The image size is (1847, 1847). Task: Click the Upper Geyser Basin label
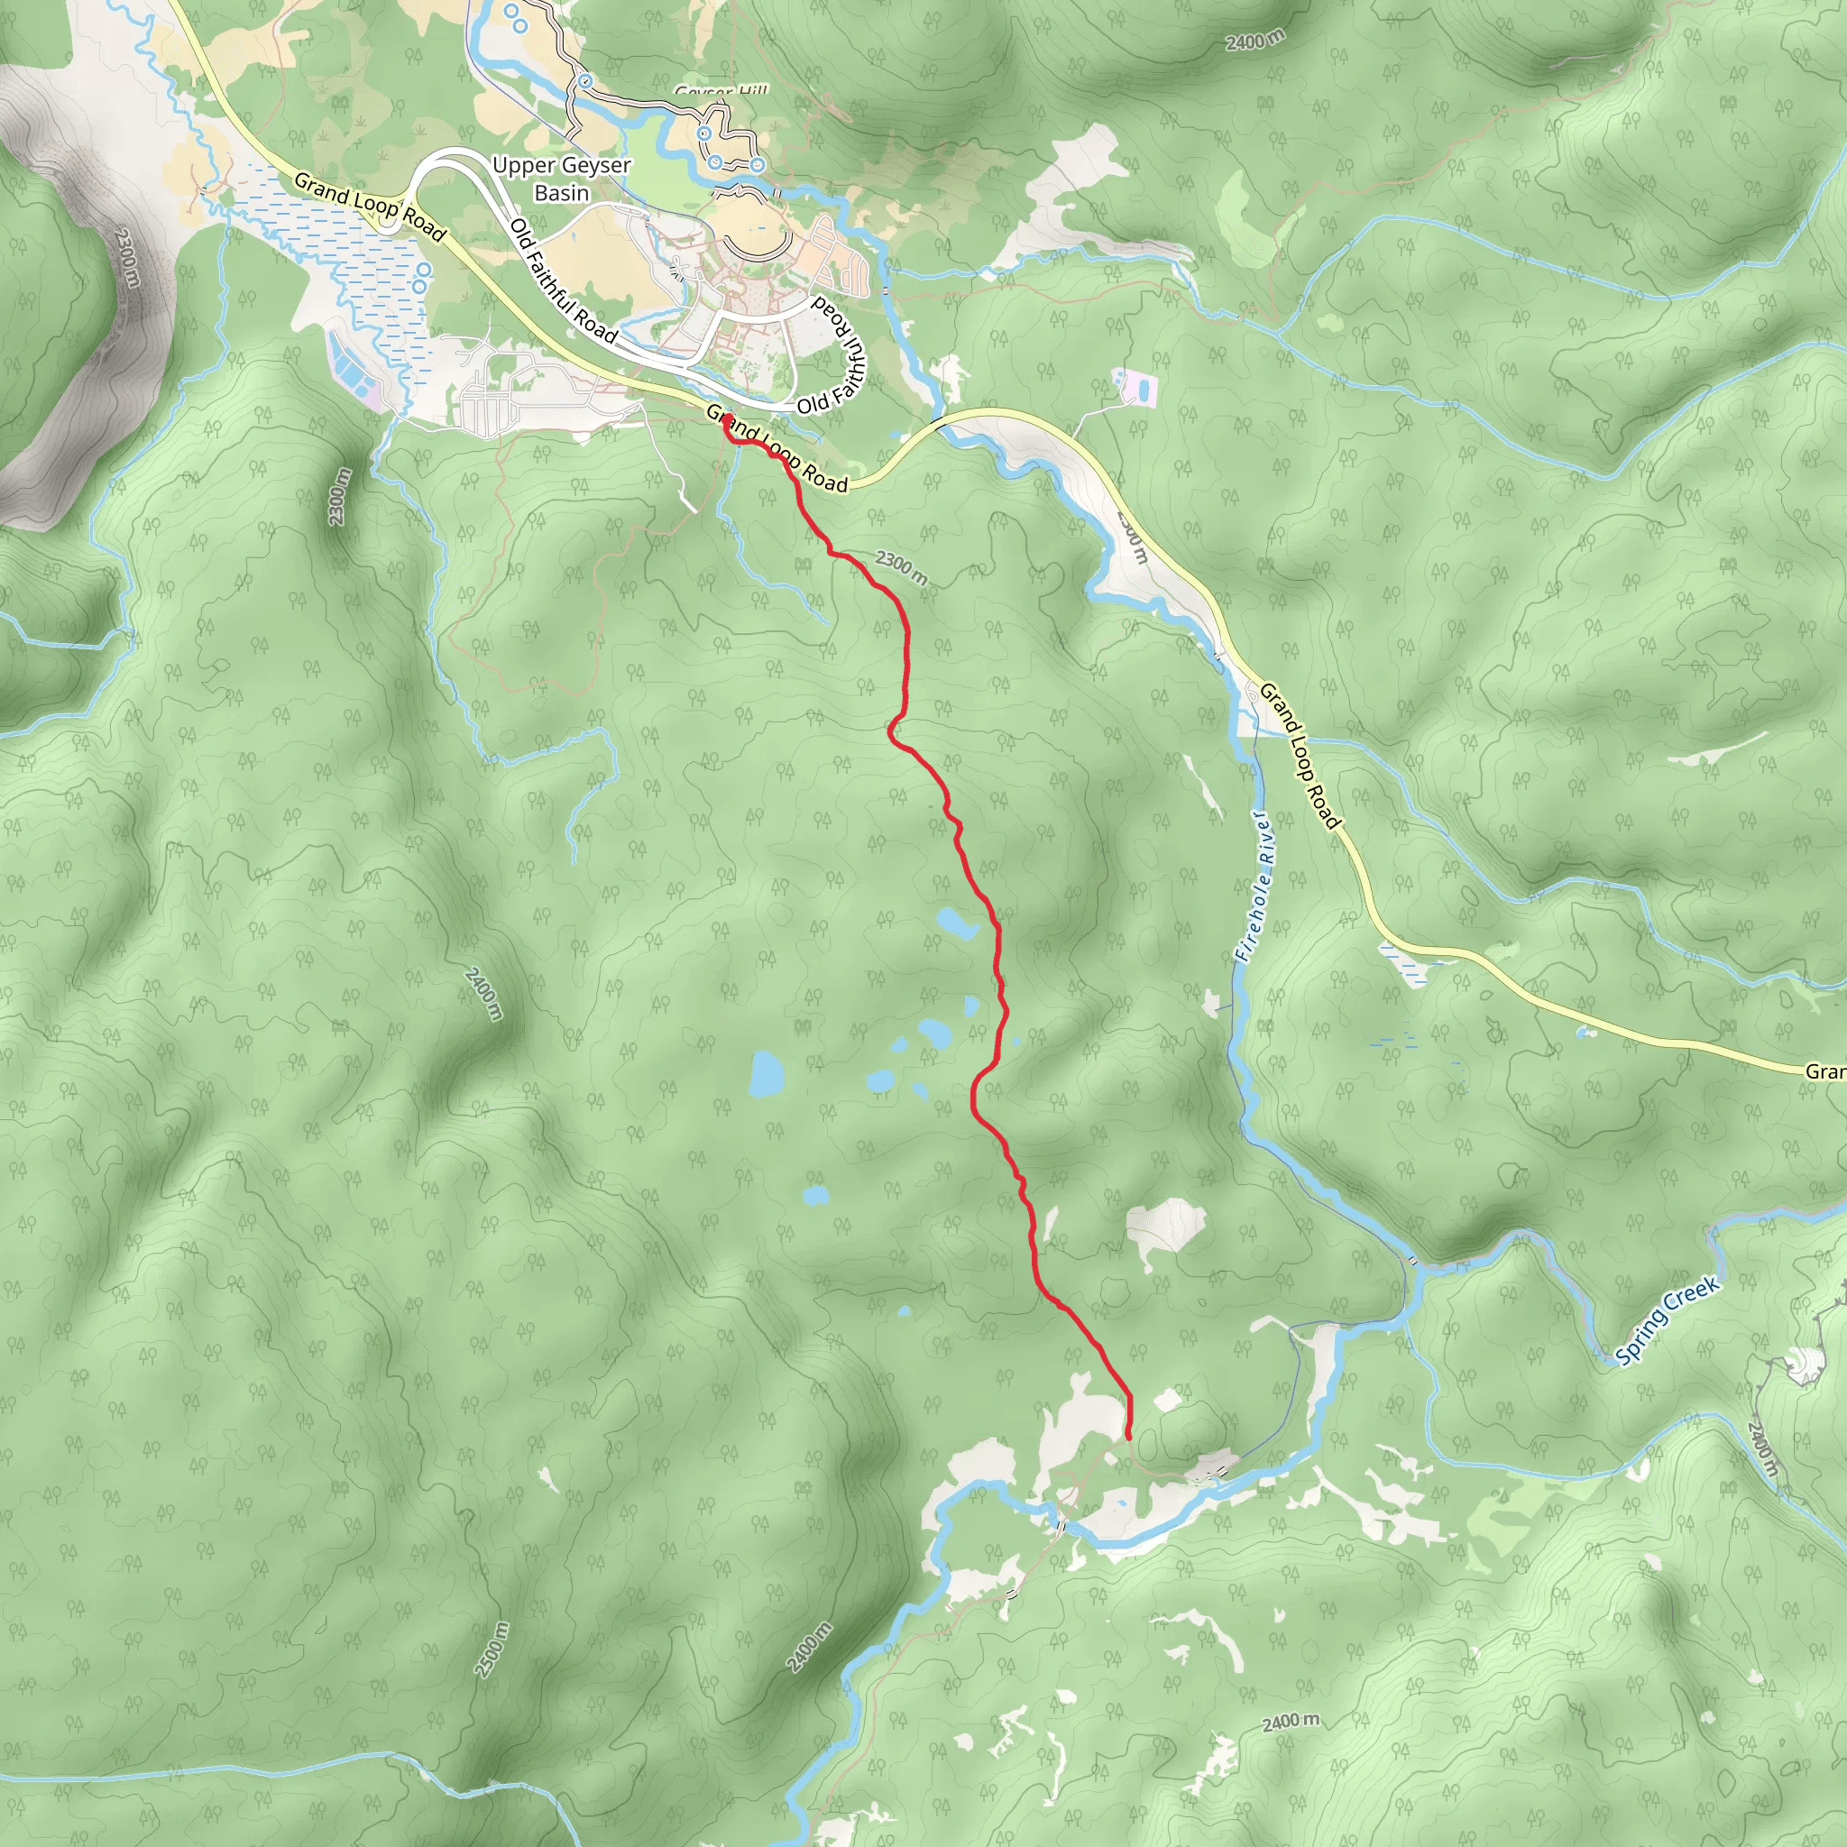click(x=561, y=179)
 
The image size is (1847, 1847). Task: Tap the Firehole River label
click(x=1253, y=887)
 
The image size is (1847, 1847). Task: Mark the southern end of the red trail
click(x=1129, y=1437)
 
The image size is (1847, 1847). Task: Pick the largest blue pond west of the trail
click(x=766, y=1074)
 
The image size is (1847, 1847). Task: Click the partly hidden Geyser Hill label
click(x=721, y=91)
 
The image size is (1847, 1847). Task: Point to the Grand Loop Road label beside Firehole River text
click(x=1300, y=755)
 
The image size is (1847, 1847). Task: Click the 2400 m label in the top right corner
click(x=1255, y=41)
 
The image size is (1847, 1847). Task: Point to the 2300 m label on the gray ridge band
click(x=126, y=256)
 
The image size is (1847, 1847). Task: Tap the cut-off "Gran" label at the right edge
click(x=1824, y=1071)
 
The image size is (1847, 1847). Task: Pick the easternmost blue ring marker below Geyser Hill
click(x=758, y=165)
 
